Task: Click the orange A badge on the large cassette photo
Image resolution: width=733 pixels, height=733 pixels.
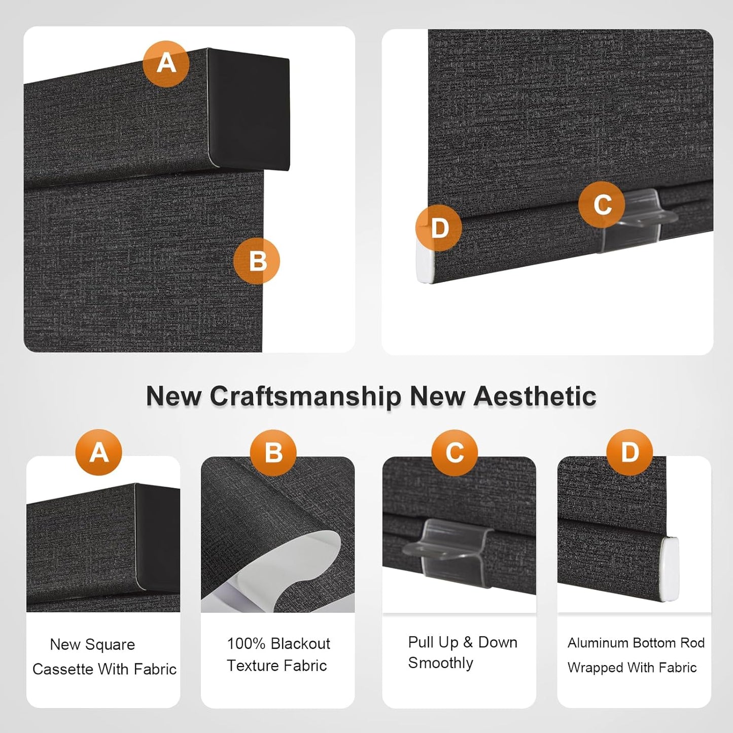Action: [166, 64]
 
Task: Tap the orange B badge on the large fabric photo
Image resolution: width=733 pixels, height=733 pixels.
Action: [257, 261]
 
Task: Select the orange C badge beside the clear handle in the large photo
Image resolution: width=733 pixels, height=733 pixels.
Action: [602, 204]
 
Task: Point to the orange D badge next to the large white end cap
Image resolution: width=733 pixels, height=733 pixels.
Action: [439, 228]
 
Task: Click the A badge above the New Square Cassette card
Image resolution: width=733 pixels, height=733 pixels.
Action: [99, 452]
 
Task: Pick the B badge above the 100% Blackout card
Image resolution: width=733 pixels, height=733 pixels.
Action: [273, 452]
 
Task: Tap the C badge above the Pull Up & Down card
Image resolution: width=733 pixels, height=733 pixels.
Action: [455, 452]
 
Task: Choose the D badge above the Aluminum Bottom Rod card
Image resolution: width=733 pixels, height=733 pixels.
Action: [630, 452]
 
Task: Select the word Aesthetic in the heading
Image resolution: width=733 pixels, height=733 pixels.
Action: [535, 396]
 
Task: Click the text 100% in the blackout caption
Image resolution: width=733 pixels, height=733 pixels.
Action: [246, 644]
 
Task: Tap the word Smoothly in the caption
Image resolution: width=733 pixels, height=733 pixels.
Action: [440, 663]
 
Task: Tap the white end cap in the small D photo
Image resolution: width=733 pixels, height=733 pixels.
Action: [669, 569]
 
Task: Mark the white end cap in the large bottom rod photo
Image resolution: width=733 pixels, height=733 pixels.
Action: [425, 262]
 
